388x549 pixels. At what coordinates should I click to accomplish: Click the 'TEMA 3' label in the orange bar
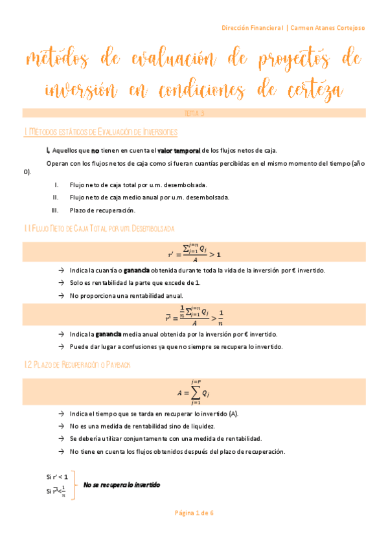[194, 113]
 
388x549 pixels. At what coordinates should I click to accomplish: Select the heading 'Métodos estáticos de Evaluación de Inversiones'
[100, 132]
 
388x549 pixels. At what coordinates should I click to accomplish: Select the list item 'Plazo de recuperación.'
[102, 210]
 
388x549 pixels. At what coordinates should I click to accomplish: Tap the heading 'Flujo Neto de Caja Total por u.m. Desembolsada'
[98, 229]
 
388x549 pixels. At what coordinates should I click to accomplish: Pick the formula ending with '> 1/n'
[194, 315]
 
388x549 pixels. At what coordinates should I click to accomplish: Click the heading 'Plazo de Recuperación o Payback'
[77, 365]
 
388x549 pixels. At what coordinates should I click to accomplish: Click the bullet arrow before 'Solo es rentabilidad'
[60, 283]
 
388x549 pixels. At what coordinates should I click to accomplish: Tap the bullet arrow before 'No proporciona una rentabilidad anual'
[60, 295]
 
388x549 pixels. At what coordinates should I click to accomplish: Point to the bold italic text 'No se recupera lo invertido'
[121, 485]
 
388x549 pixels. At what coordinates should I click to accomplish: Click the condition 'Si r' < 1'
[57, 477]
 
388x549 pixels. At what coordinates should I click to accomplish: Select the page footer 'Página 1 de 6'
[194, 513]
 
